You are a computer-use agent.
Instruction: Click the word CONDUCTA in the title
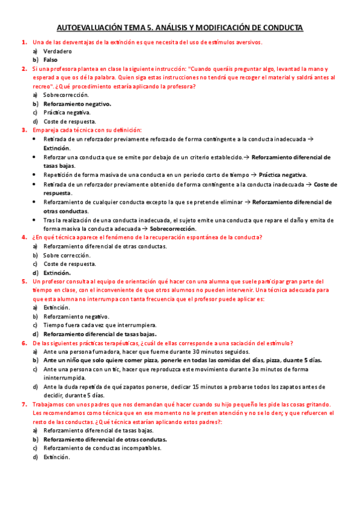pos(281,28)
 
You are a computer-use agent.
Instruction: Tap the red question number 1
pos(24,43)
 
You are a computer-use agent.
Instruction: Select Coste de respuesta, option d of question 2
pos(69,121)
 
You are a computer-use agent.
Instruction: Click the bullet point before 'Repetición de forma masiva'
pos(35,175)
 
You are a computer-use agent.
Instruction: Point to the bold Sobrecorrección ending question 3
pos(172,229)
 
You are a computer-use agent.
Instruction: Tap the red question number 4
pos(24,238)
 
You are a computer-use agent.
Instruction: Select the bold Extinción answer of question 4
pos(57,272)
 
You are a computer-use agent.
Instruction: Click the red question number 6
pos(24,343)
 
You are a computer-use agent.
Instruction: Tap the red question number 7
pos(24,405)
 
